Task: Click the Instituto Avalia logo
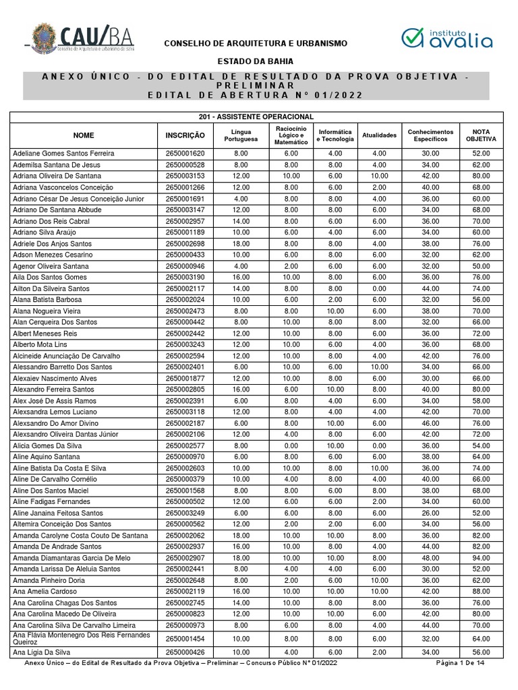click(447, 38)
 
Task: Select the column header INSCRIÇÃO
click(185, 135)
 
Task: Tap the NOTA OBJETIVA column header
click(480, 135)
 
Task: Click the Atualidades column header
click(379, 135)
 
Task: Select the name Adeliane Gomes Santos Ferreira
click(64, 154)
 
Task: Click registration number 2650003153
click(185, 176)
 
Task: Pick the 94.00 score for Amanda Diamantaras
click(480, 558)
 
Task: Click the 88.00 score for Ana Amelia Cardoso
click(480, 592)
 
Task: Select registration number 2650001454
click(185, 639)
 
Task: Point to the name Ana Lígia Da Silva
click(44, 652)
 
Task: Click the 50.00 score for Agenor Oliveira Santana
click(480, 266)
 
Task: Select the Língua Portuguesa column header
click(241, 135)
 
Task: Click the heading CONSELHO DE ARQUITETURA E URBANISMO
click(256, 43)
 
